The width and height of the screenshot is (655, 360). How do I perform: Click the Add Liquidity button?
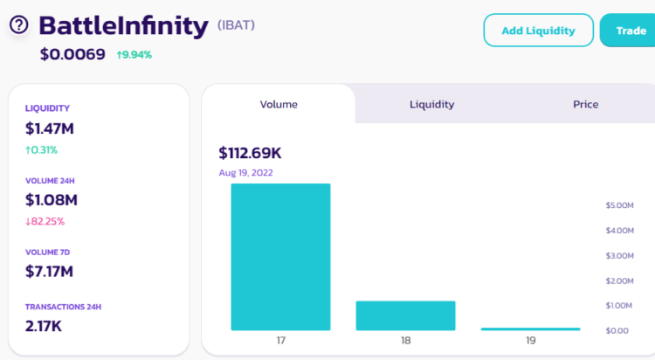tap(538, 31)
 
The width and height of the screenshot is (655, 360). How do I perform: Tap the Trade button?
tap(629, 31)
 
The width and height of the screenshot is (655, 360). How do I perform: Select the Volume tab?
tap(279, 104)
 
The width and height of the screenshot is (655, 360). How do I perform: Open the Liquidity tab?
tap(431, 104)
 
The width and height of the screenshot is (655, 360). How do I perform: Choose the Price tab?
tap(585, 104)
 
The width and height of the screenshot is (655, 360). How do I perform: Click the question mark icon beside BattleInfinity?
tap(19, 24)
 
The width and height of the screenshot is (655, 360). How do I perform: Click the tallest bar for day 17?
tap(280, 257)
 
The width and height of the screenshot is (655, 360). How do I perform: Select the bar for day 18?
tap(405, 315)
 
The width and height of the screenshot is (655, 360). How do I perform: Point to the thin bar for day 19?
tap(530, 329)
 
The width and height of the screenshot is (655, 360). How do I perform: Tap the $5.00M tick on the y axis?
tap(624, 205)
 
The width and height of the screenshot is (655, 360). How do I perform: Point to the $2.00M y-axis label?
tap(624, 280)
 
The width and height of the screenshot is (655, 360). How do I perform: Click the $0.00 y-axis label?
tap(617, 330)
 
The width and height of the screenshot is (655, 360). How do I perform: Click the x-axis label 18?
tap(405, 341)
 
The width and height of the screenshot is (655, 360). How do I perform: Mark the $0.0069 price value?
tap(72, 54)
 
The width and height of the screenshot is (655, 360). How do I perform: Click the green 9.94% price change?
tap(134, 54)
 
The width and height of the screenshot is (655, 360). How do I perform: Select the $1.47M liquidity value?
tap(50, 128)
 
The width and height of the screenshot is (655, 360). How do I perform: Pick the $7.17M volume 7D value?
tap(50, 271)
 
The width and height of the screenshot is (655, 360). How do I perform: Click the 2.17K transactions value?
tap(44, 326)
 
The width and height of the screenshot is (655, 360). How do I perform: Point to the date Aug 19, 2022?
tap(245, 172)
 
